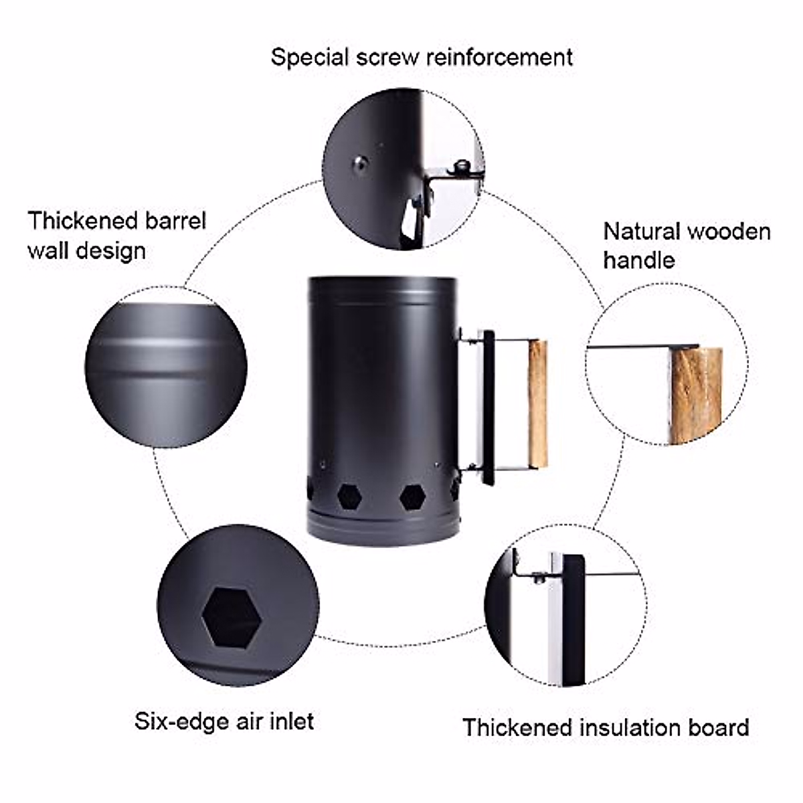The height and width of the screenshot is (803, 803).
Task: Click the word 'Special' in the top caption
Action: pyautogui.click(x=310, y=58)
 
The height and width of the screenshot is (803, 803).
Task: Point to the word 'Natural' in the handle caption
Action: pyautogui.click(x=642, y=232)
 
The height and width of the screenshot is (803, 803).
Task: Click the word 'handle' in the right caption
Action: pyautogui.click(x=638, y=260)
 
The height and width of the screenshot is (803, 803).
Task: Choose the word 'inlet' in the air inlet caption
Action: pyautogui.click(x=291, y=721)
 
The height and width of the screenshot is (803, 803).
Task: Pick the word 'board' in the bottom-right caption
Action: pyautogui.click(x=718, y=727)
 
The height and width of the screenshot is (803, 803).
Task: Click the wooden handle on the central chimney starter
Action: pyautogui.click(x=537, y=404)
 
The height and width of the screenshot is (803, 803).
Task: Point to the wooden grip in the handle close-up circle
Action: pyautogui.click(x=696, y=395)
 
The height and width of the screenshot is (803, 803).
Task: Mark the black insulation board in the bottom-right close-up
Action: pyautogui.click(x=573, y=619)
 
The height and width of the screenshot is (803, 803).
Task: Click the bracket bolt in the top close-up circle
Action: pyautogui.click(x=460, y=167)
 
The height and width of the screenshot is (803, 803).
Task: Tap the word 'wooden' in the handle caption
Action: pyautogui.click(x=729, y=232)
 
